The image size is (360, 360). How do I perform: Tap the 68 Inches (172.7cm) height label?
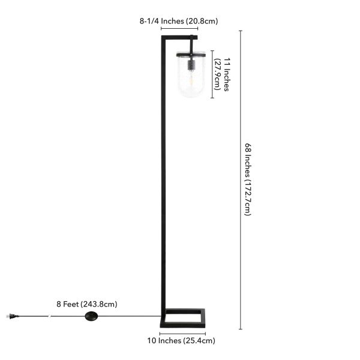tap(247, 180)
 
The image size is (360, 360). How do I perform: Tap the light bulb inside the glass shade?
tap(191, 79)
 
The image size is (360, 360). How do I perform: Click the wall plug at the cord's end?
tap(12, 316)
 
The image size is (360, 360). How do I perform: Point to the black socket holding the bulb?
tap(191, 64)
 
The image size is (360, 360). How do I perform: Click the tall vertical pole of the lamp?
tap(162, 180)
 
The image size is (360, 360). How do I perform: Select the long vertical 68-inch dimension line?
tap(241, 180)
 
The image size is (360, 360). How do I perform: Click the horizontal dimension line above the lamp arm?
tap(179, 28)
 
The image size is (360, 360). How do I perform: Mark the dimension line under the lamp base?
tap(182, 333)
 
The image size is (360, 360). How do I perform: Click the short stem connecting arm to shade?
tap(191, 46)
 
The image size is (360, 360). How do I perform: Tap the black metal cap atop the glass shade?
tap(191, 55)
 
